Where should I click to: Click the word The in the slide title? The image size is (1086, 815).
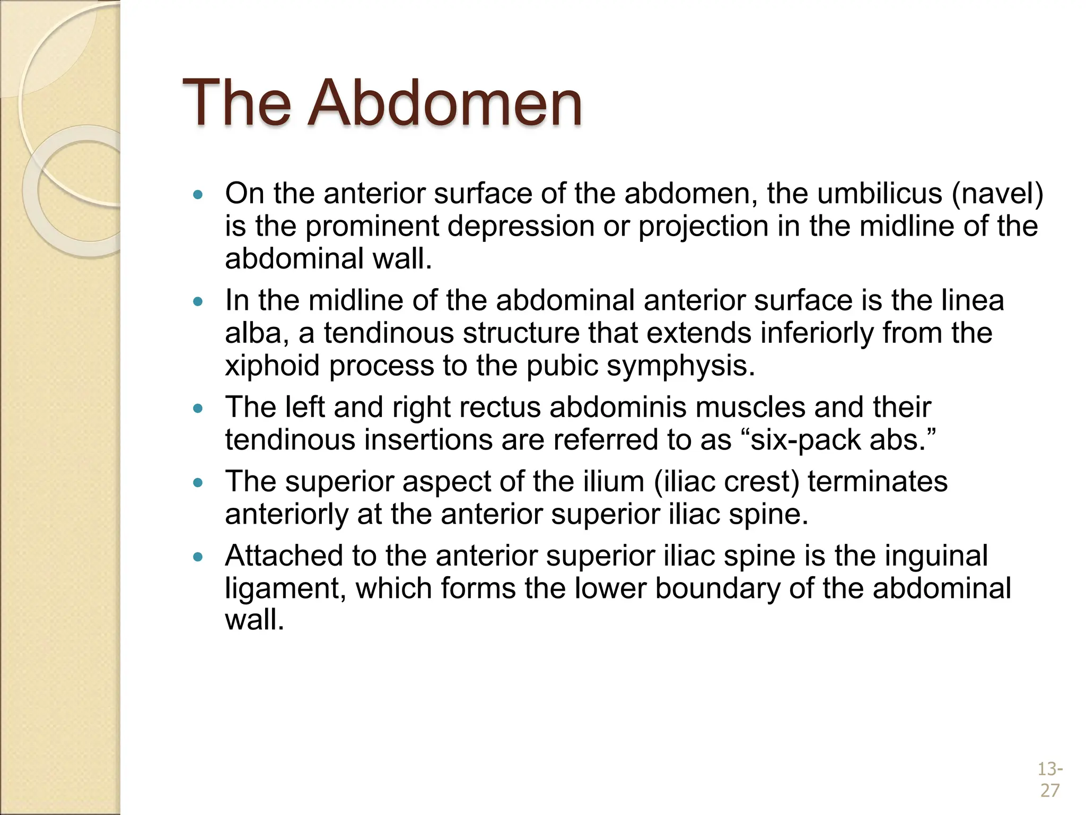(237, 103)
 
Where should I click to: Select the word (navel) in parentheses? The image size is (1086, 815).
(997, 194)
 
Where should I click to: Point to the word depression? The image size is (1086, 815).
(521, 227)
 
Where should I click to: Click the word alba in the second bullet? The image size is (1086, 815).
(257, 334)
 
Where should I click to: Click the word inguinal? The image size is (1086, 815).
(935, 556)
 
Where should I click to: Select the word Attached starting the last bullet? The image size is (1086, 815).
(283, 556)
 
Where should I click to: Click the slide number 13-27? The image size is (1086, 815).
(1049, 779)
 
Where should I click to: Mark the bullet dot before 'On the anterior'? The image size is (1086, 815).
(198, 195)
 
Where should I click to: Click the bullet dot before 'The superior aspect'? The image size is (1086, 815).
(198, 483)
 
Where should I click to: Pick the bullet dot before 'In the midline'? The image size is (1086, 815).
(198, 302)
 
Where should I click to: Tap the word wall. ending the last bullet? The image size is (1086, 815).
(255, 620)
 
